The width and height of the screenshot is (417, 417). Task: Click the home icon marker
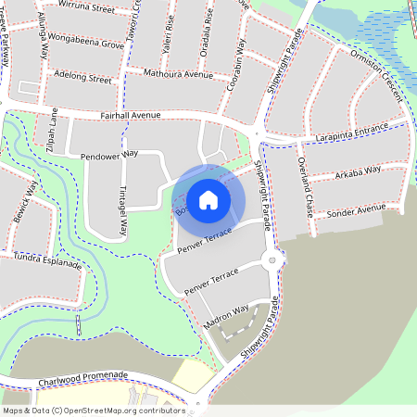(208, 199)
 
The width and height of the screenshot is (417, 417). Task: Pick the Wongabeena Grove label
(88, 44)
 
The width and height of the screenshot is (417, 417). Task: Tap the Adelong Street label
(83, 80)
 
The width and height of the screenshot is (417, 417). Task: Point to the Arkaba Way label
(358, 171)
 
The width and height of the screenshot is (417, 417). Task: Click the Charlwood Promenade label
(82, 379)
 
